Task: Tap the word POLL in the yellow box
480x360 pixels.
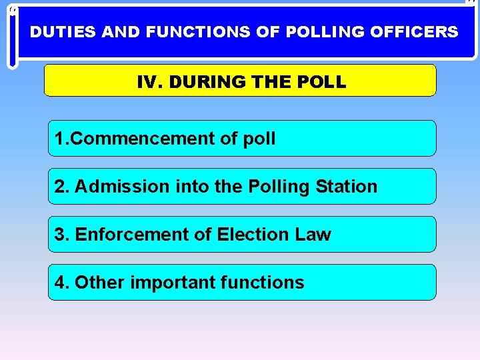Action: (x=323, y=83)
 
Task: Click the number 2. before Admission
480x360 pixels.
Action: (x=62, y=187)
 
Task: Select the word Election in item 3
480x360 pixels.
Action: (x=247, y=235)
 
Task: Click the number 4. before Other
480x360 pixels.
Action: (x=62, y=283)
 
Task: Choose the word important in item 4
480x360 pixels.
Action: (x=171, y=283)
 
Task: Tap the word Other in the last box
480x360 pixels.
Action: (x=99, y=283)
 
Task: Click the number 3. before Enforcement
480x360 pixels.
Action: (x=62, y=235)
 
